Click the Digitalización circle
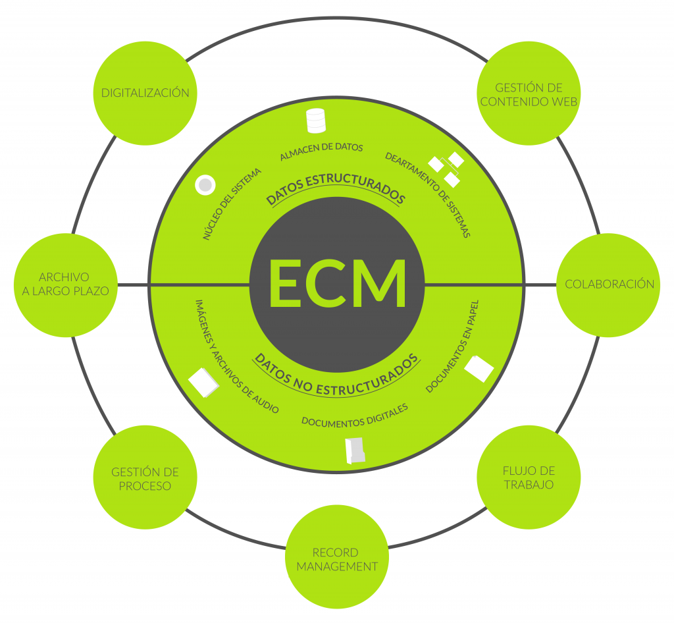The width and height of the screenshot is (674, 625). point(145,93)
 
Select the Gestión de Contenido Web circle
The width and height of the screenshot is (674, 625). point(529,93)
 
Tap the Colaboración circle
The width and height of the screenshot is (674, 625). point(608,285)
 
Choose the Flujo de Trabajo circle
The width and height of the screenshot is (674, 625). point(529,477)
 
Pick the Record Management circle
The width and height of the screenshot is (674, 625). point(337,557)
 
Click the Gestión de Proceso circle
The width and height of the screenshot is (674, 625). point(145,477)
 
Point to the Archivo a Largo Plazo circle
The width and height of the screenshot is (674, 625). point(66,285)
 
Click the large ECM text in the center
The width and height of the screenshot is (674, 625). point(338,283)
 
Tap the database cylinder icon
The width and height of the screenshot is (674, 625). point(316,121)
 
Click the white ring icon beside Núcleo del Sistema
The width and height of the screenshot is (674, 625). point(205,185)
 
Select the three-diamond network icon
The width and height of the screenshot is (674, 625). point(447,169)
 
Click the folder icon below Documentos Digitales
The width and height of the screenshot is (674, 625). point(355,450)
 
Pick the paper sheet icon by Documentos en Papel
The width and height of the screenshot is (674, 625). point(479,369)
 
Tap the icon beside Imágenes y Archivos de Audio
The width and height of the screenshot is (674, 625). point(204,383)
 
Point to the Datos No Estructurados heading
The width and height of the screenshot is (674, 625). point(336,374)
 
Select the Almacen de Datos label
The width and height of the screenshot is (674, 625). point(321,151)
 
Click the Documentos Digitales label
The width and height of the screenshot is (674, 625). point(355,416)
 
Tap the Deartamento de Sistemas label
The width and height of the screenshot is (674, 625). point(428,194)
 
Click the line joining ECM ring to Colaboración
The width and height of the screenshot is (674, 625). point(490,285)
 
